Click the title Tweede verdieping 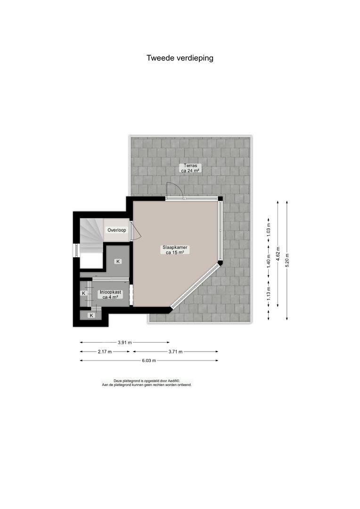180,58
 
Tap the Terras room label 190,168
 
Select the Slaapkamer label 175,249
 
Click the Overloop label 117,230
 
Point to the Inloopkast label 110,295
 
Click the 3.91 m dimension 125,342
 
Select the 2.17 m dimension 105,351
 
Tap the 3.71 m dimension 175,351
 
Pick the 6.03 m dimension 149,361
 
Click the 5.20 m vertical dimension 286,260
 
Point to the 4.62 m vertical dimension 278,254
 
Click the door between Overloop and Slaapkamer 135,231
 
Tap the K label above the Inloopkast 118,261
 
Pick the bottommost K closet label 91,315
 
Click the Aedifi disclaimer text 147,383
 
